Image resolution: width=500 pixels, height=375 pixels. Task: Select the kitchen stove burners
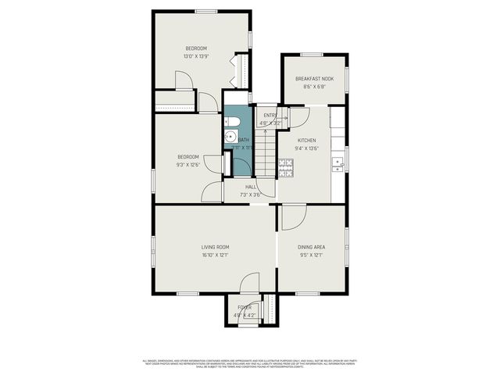(x=286, y=165)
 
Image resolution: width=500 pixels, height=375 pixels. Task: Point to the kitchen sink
(x=339, y=163)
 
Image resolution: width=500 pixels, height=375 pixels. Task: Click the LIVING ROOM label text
(x=215, y=247)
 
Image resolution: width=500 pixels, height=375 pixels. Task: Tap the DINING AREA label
(x=312, y=247)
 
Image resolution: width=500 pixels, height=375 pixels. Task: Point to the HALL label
(x=251, y=187)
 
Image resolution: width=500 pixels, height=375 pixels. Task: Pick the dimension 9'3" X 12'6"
(x=187, y=164)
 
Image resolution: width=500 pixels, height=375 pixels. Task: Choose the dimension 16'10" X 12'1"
(x=215, y=255)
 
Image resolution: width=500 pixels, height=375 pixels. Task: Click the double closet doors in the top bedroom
(x=237, y=71)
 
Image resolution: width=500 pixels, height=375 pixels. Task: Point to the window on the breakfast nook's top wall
(x=312, y=55)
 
